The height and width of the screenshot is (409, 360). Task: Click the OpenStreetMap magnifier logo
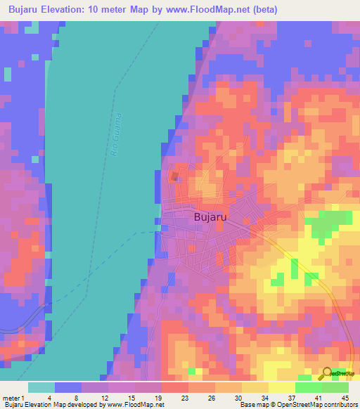pyautogui.click(x=327, y=374)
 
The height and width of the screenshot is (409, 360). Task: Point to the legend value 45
pyautogui.click(x=345, y=397)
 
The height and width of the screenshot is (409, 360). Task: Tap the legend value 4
pyautogui.click(x=49, y=397)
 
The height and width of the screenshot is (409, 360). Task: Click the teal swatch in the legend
pyautogui.click(x=41, y=387)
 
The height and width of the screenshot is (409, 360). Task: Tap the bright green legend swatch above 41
pyautogui.click(x=308, y=387)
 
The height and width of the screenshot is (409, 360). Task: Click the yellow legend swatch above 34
pyautogui.click(x=255, y=387)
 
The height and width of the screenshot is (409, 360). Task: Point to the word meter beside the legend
pyautogui.click(x=12, y=397)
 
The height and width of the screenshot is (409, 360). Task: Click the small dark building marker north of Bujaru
pyautogui.click(x=174, y=176)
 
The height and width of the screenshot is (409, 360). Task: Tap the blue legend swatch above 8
pyautogui.click(x=67, y=387)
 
